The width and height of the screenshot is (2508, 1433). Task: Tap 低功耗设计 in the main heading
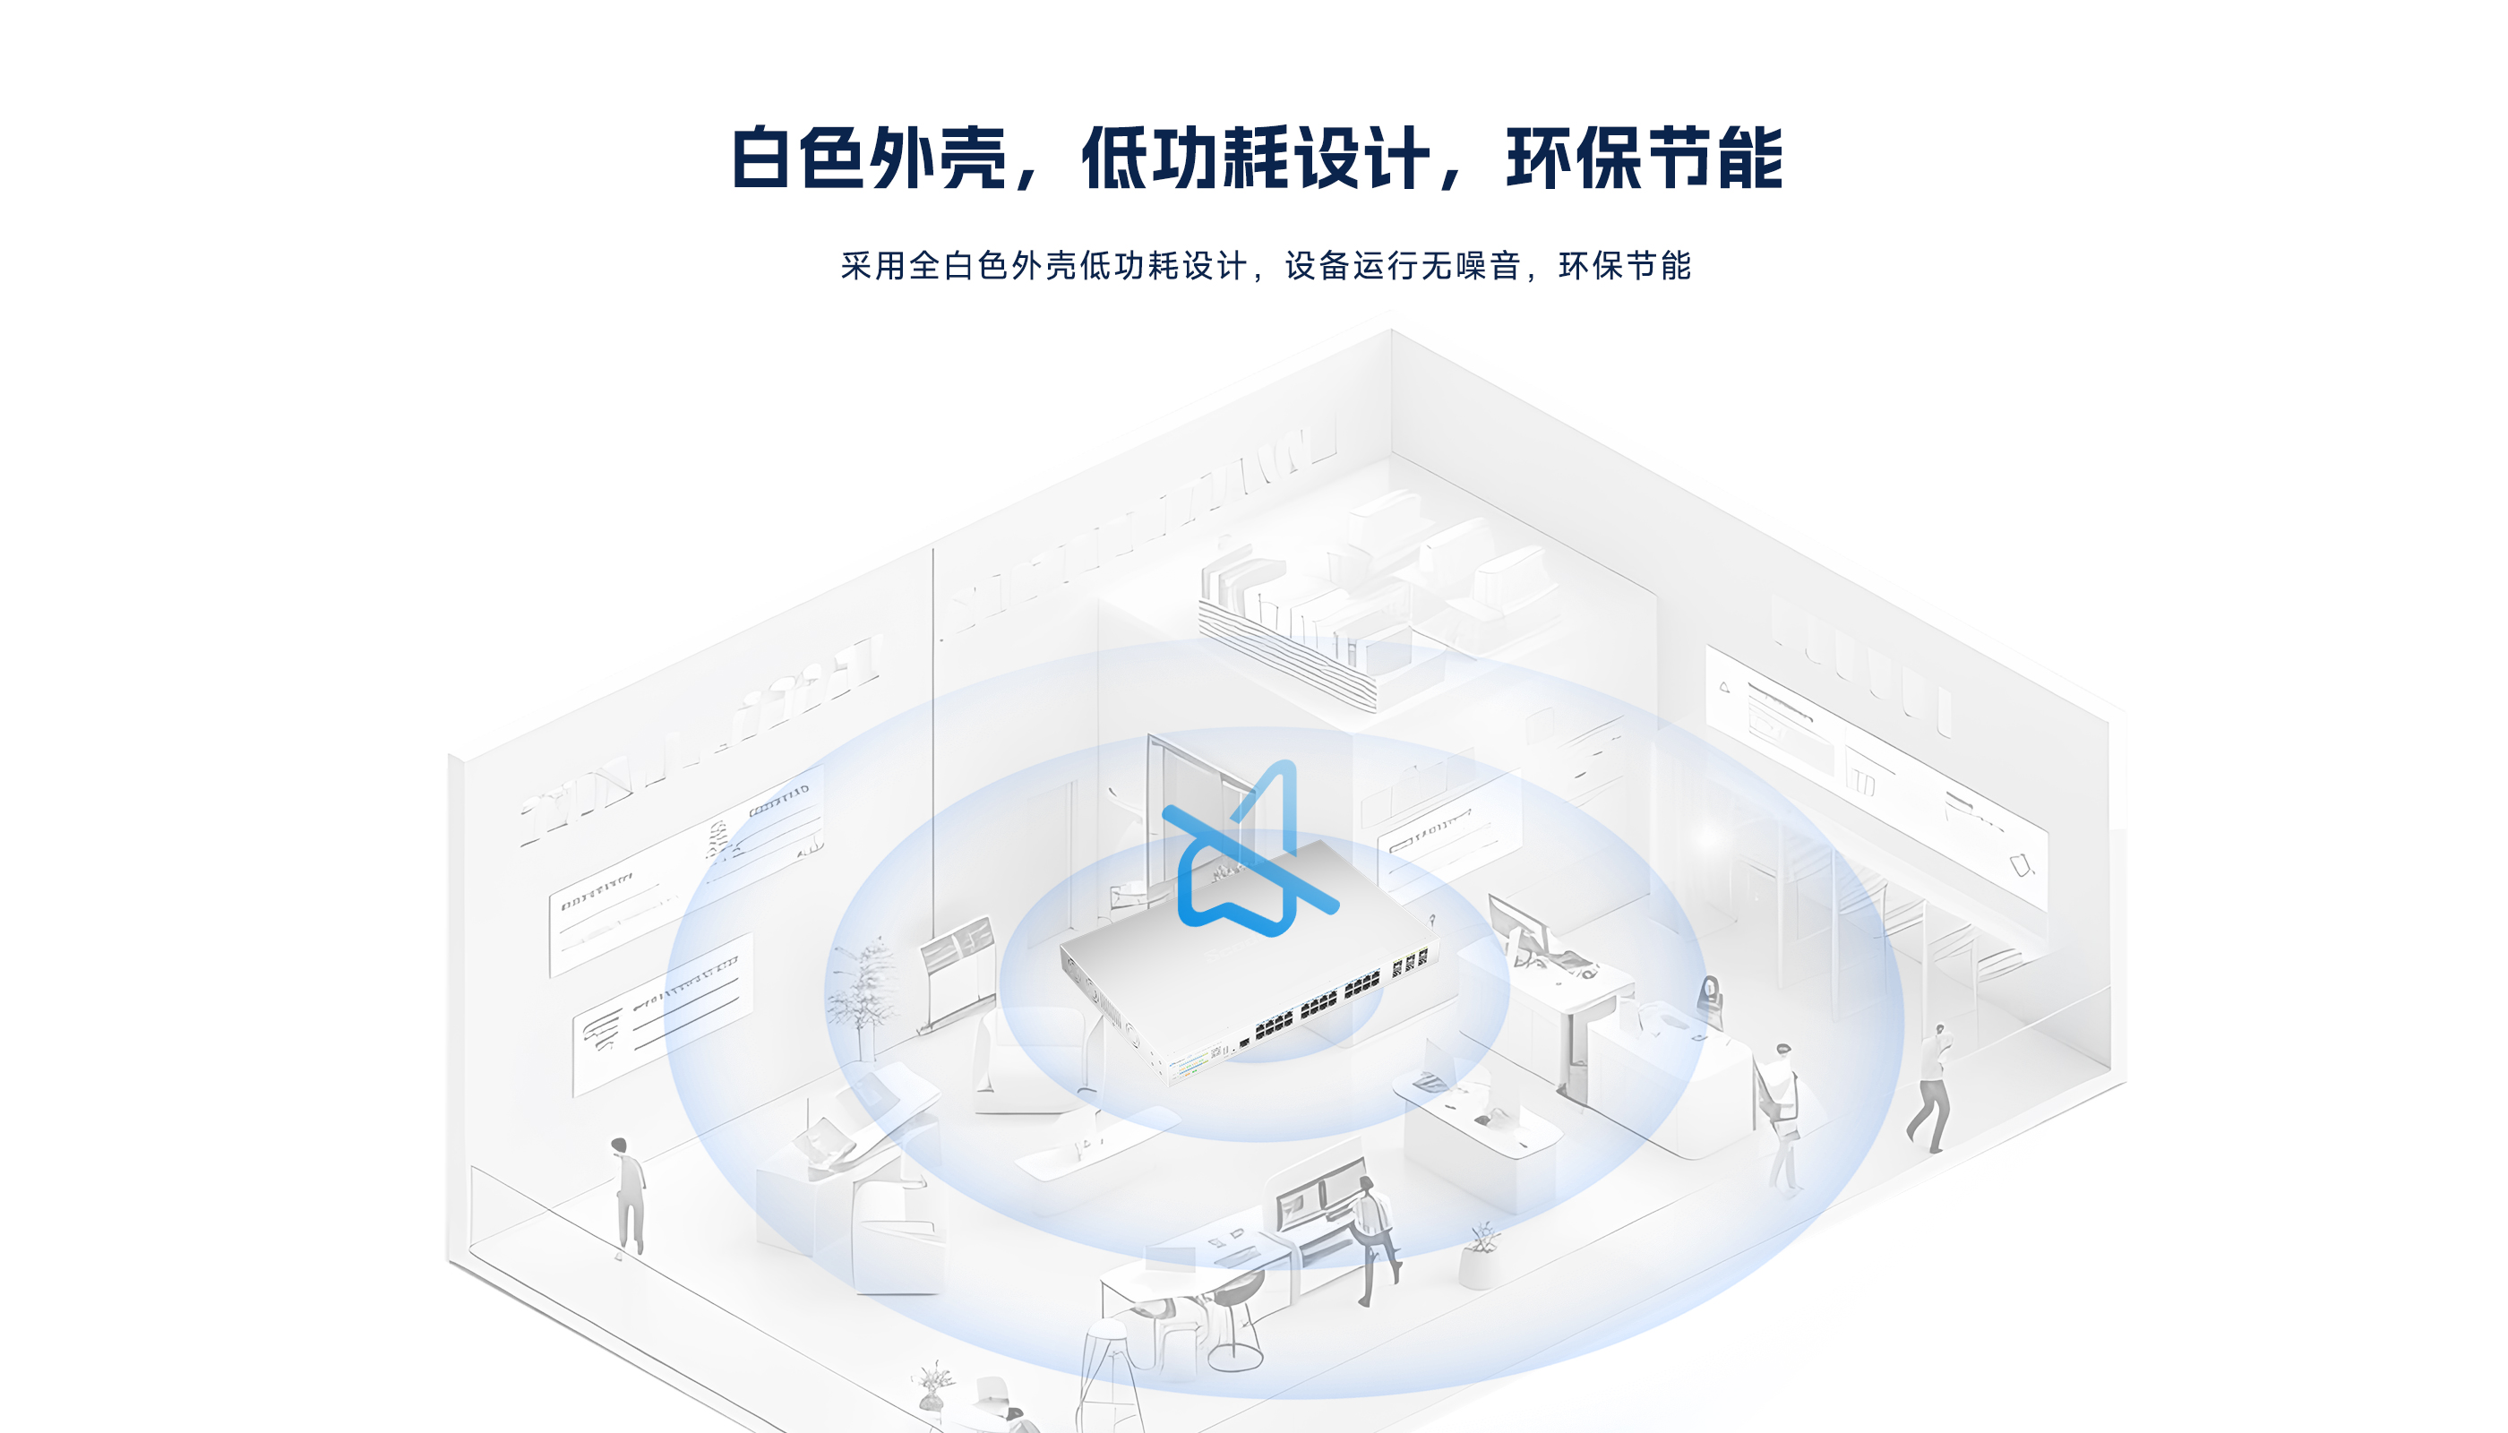pyautogui.click(x=1254, y=158)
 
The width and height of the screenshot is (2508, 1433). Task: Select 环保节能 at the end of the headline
pyautogui.click(x=1644, y=158)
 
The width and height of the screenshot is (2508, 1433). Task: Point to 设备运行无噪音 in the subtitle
pyautogui.click(x=1403, y=266)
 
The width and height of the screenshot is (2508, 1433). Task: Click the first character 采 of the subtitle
pyautogui.click(x=855, y=266)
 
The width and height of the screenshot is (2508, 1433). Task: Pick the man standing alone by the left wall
pyautogui.click(x=628, y=1196)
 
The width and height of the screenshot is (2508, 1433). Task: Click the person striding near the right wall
pyautogui.click(x=1931, y=1087)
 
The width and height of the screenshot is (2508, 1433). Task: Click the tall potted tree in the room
pyautogui.click(x=863, y=994)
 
